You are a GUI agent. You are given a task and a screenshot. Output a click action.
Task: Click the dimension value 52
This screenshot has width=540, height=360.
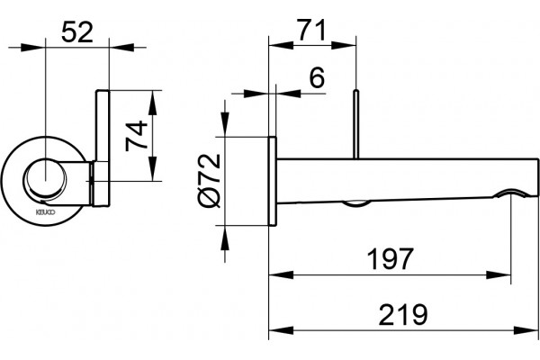pyautogui.click(x=77, y=32)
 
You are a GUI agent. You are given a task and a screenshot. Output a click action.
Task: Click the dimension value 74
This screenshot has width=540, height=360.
pyautogui.click(x=137, y=136)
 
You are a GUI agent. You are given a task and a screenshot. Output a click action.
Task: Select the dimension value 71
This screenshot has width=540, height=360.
pyautogui.click(x=311, y=30)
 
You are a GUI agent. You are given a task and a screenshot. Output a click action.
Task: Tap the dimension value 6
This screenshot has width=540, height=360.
pyautogui.click(x=317, y=77)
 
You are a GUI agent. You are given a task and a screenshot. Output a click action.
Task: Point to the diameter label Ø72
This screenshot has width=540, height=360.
pyautogui.click(x=210, y=180)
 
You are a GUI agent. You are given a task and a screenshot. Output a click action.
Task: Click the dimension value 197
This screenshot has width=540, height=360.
pyautogui.click(x=390, y=259)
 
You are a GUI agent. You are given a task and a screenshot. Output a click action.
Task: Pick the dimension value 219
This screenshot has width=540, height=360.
pyautogui.click(x=403, y=314)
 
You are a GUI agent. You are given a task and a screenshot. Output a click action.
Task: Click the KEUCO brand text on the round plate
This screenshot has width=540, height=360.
pyautogui.click(x=46, y=212)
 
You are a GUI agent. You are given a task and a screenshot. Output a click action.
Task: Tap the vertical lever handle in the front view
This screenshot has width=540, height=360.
pyautogui.click(x=103, y=148)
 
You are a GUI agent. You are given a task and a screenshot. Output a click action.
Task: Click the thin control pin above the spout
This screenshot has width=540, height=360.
pyautogui.click(x=356, y=124)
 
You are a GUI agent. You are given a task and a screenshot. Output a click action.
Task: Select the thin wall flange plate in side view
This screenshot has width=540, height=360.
pyautogui.click(x=272, y=181)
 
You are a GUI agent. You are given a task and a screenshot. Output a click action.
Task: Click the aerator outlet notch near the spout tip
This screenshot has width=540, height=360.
pyautogui.click(x=510, y=193)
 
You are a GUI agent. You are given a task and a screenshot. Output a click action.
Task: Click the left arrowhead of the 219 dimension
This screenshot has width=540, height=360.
pyautogui.click(x=281, y=330)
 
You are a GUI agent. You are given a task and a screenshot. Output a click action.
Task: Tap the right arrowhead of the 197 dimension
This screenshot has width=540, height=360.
pyautogui.click(x=498, y=274)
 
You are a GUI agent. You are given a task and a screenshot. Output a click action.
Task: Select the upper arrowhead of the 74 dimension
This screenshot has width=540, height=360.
pyautogui.click(x=152, y=103)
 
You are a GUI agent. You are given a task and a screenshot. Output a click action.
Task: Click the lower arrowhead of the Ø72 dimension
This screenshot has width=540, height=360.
pyautogui.click(x=225, y=238)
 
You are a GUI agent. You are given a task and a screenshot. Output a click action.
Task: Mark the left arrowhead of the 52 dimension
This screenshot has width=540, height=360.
pyautogui.click(x=33, y=47)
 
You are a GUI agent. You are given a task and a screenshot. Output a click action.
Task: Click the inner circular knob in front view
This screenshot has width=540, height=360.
pyautogui.click(x=45, y=180)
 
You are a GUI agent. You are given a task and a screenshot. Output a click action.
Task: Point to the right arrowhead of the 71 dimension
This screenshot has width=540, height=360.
pyautogui.click(x=344, y=45)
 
